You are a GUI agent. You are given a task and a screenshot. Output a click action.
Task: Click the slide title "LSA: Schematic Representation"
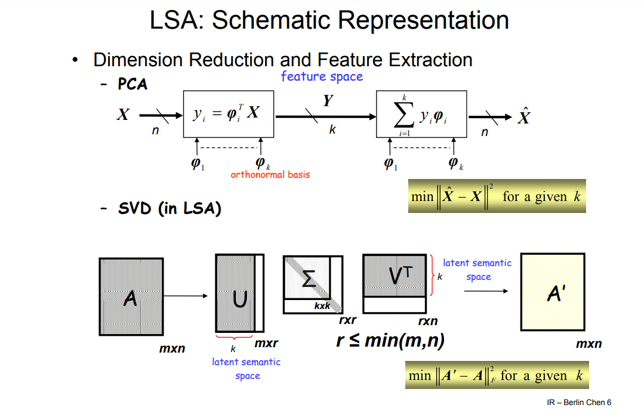click(329, 20)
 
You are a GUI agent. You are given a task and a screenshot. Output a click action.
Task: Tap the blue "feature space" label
click(322, 76)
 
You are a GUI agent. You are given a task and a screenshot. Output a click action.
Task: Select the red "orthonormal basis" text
click(270, 175)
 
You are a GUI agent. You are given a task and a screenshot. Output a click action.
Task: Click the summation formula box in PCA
click(421, 115)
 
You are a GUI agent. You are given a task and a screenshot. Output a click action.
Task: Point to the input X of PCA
click(123, 115)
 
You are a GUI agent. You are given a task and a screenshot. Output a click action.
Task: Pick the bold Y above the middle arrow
click(328, 101)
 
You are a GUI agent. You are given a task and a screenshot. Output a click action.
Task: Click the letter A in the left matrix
click(130, 297)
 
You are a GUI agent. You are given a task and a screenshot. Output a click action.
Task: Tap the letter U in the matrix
click(239, 298)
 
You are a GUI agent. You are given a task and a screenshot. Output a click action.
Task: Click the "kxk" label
click(322, 306)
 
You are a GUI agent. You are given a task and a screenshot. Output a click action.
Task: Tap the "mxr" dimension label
click(266, 344)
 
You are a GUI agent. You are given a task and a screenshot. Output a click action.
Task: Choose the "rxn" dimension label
click(428, 321)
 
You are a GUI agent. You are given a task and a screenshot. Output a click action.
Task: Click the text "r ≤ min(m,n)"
click(390, 341)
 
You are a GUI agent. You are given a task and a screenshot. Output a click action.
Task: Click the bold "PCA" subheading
click(132, 84)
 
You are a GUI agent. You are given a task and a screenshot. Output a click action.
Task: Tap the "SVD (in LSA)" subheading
click(170, 209)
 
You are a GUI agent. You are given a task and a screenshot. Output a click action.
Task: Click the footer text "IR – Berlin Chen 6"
click(579, 403)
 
